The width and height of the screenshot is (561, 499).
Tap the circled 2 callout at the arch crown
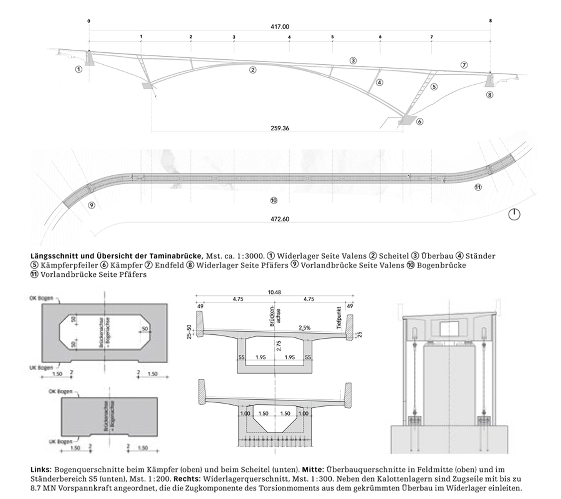pyautogui.click(x=253, y=70)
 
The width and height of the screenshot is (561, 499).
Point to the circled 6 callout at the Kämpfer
pyautogui.click(x=420, y=121)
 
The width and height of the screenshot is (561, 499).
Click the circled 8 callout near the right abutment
pyautogui.click(x=490, y=95)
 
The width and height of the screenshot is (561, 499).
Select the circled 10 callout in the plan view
pyautogui.click(x=273, y=200)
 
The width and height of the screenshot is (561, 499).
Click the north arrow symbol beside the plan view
pyautogui.click(x=515, y=215)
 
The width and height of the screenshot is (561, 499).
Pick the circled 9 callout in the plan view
pyautogui.click(x=91, y=205)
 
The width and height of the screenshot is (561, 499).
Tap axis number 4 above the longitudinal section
pyautogui.click(x=289, y=37)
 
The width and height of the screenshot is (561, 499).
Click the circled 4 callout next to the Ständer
pyautogui.click(x=379, y=82)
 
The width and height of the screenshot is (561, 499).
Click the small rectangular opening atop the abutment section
pyautogui.click(x=449, y=327)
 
